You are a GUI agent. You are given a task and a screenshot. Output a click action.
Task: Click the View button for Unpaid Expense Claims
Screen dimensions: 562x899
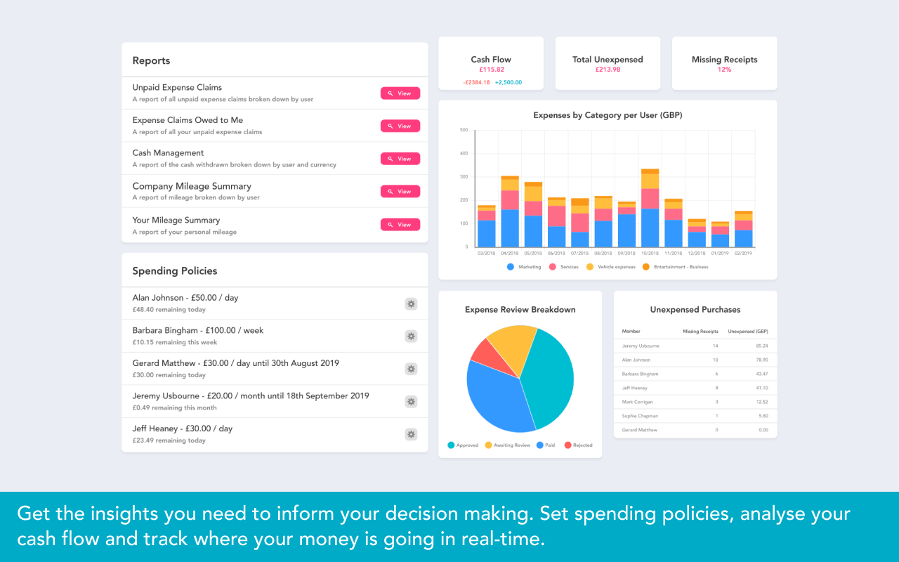(400, 93)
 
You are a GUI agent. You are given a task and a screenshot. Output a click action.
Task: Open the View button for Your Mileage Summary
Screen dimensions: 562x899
(400, 225)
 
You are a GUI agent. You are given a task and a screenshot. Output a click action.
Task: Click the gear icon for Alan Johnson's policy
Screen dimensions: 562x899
(411, 303)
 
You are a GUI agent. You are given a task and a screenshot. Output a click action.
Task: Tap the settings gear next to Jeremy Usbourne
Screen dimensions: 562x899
(411, 402)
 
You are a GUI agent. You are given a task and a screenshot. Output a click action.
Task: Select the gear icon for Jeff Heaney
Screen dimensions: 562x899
(411, 434)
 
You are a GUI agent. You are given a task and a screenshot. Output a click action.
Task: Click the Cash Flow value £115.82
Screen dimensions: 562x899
(492, 70)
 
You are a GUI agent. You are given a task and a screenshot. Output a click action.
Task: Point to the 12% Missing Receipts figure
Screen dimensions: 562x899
(724, 70)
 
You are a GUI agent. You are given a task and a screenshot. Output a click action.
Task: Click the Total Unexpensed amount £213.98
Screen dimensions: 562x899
(608, 70)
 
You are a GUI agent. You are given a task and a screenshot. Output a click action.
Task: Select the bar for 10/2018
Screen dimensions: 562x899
(650, 211)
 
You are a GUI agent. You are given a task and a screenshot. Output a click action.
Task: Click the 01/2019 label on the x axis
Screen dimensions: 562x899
(719, 254)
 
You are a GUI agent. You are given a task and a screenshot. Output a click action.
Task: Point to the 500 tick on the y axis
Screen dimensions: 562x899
(464, 130)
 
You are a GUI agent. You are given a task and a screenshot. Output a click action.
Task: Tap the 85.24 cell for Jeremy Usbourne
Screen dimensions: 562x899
(761, 346)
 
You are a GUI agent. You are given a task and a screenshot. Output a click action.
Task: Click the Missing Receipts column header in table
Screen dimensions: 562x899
(700, 331)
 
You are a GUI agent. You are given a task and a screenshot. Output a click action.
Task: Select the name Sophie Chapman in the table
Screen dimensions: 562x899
(638, 416)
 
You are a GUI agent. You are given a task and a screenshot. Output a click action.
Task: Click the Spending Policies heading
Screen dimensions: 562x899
(175, 271)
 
